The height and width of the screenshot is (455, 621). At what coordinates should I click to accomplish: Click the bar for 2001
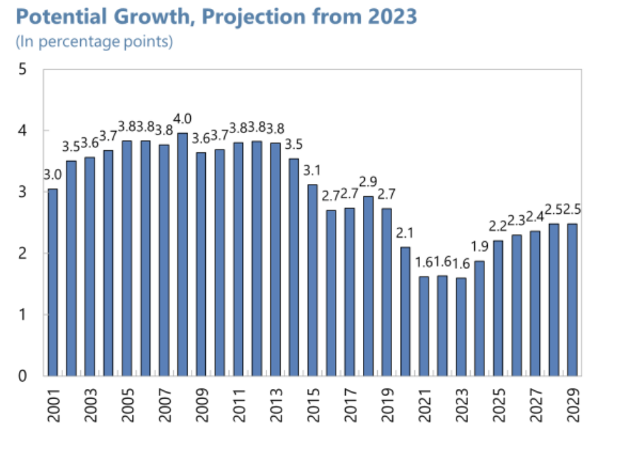pyautogui.click(x=53, y=283)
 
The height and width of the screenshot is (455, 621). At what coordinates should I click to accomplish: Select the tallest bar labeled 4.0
pyautogui.click(x=183, y=255)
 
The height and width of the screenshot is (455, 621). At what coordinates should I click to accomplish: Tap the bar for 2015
pyautogui.click(x=313, y=280)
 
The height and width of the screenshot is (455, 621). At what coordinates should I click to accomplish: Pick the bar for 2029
pyautogui.click(x=572, y=299)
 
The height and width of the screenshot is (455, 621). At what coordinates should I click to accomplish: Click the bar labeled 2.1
pyautogui.click(x=405, y=312)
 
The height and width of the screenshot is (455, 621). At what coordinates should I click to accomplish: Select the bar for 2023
pyautogui.click(x=461, y=327)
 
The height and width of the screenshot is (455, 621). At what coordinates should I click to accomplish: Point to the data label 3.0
pyautogui.click(x=52, y=175)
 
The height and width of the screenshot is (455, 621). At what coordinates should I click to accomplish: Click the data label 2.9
pyautogui.click(x=368, y=182)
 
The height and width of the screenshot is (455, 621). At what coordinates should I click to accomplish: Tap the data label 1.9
pyautogui.click(x=479, y=247)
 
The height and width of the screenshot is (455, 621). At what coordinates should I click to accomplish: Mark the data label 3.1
pyautogui.click(x=312, y=170)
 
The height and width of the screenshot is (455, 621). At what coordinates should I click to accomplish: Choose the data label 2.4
pyautogui.click(x=535, y=217)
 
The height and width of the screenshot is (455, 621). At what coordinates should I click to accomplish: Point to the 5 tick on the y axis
pyautogui.click(x=22, y=69)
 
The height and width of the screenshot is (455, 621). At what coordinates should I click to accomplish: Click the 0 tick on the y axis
pyautogui.click(x=22, y=376)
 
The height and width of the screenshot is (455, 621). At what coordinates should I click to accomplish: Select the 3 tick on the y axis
pyautogui.click(x=22, y=192)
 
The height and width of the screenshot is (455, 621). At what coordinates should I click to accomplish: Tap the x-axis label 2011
pyautogui.click(x=238, y=405)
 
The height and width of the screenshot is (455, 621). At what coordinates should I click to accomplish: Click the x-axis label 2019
pyautogui.click(x=387, y=405)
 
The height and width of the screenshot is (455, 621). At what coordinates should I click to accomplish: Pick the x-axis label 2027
pyautogui.click(x=535, y=405)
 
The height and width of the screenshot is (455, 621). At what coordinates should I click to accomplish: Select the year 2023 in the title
pyautogui.click(x=393, y=16)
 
